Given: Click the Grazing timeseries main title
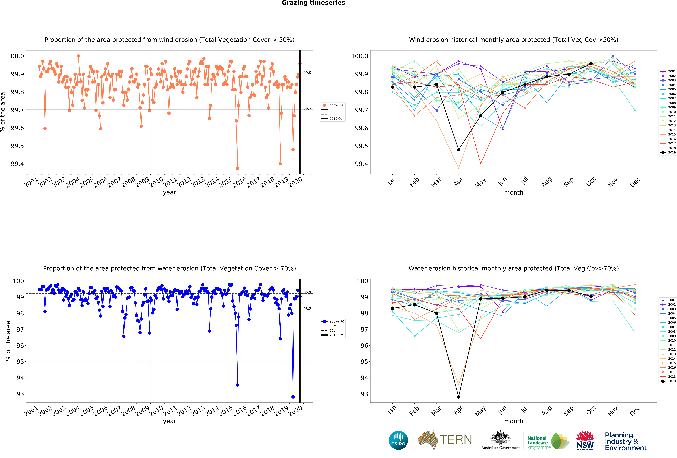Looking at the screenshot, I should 313,3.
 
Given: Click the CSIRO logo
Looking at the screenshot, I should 398,440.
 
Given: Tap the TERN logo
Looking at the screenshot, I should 445,440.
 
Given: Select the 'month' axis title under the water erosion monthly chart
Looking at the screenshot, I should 514,421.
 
